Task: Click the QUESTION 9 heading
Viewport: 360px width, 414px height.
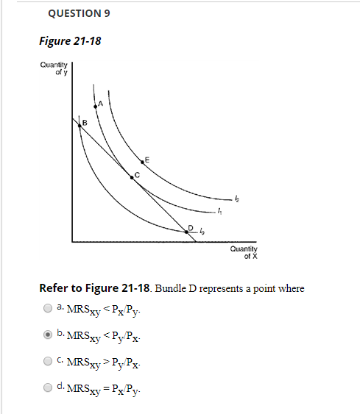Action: (x=72, y=13)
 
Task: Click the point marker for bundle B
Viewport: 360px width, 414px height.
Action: (x=80, y=125)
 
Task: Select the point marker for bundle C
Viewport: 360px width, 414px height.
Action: (x=132, y=178)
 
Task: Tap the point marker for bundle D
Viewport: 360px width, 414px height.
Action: (x=186, y=232)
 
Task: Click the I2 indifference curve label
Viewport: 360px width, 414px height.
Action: (x=236, y=198)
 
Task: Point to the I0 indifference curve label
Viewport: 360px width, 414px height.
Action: (x=202, y=232)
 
